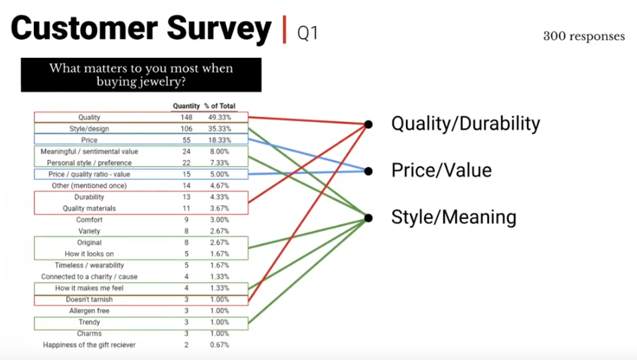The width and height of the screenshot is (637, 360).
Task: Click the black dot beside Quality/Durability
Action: click(x=369, y=124)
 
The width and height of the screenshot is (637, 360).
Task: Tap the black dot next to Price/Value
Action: click(x=369, y=171)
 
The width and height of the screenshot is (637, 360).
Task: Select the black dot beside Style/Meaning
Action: click(x=369, y=218)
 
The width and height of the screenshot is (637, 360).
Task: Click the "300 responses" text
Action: click(x=583, y=37)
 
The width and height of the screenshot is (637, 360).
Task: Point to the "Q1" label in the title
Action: click(x=307, y=33)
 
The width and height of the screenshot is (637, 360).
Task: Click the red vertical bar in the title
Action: click(x=285, y=30)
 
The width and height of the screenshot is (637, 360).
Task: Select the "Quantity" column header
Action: click(x=186, y=106)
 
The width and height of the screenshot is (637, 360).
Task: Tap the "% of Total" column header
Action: click(x=220, y=106)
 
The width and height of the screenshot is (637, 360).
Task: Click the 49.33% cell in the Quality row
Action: click(x=220, y=118)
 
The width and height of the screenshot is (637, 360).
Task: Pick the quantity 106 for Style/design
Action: click(x=187, y=129)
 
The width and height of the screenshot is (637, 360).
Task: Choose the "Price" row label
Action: click(x=89, y=140)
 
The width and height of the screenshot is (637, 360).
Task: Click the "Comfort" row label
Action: click(x=89, y=220)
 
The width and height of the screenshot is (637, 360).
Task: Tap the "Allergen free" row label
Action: click(x=89, y=311)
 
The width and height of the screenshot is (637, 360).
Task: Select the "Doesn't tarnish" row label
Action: click(x=89, y=299)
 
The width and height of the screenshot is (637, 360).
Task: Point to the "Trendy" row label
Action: click(x=89, y=322)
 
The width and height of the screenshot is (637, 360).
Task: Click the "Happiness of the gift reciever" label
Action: click(x=89, y=345)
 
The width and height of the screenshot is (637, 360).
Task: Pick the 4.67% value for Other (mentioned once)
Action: click(x=220, y=186)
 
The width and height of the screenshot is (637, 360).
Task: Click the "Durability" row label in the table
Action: click(x=89, y=197)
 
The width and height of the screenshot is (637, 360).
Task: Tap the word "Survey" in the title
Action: click(x=219, y=28)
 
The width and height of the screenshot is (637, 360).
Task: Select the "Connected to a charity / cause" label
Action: click(x=89, y=277)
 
